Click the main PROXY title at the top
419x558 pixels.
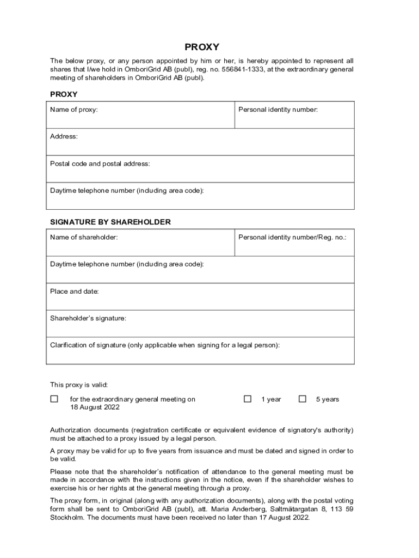[202, 47]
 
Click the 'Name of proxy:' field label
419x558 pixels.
[74, 110]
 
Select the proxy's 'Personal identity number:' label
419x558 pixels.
[278, 110]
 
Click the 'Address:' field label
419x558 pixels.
[64, 136]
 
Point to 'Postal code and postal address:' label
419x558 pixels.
[100, 163]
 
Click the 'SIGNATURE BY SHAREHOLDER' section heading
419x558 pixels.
[110, 222]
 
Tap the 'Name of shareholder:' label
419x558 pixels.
[84, 237]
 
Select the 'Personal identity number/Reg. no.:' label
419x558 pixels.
[292, 237]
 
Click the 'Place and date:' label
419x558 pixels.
[75, 292]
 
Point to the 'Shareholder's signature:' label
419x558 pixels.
[88, 318]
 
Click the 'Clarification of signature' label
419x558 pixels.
[165, 345]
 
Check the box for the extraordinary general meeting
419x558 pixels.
[54, 399]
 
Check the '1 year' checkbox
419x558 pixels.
[248, 399]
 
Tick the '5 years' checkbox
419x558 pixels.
[303, 399]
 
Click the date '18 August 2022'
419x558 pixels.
[95, 408]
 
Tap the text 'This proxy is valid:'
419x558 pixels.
[79, 385]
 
